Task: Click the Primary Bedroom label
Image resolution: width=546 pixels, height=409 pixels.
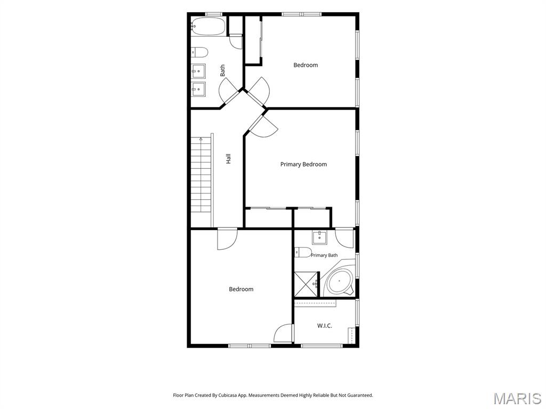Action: (x=303, y=164)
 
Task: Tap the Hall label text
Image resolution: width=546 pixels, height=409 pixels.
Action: (x=228, y=159)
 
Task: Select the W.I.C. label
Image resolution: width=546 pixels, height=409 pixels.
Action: (x=324, y=326)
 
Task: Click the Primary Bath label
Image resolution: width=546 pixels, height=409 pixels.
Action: (x=324, y=255)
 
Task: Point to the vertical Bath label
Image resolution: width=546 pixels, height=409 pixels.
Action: (x=222, y=71)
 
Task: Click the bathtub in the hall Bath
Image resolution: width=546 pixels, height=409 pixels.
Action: (x=208, y=27)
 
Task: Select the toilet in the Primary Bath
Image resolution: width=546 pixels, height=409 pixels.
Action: (x=303, y=251)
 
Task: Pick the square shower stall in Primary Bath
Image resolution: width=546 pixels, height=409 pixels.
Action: (x=307, y=284)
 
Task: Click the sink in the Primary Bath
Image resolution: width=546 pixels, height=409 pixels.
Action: (x=319, y=238)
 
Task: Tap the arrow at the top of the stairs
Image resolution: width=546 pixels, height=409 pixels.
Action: (x=201, y=139)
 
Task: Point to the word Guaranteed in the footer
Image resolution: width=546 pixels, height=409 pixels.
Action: (x=361, y=395)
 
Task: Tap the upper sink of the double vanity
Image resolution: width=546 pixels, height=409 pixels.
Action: (x=198, y=71)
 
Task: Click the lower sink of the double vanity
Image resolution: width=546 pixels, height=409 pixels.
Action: (x=198, y=89)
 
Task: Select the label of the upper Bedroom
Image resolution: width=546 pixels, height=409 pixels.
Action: (x=306, y=65)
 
